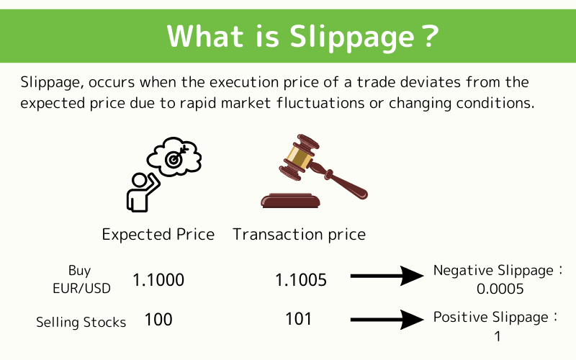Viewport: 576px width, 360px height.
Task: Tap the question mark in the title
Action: coord(429,36)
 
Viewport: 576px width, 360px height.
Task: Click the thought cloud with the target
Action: coord(174,156)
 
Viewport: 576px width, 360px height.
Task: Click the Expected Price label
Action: coord(158,235)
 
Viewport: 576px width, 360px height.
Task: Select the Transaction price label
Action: coord(299,235)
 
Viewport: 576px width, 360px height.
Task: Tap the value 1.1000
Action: coord(158,280)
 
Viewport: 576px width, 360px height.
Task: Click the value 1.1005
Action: coord(300,280)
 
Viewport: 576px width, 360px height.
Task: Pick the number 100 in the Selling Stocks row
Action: coord(158,319)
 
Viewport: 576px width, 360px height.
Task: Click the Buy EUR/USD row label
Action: coord(80,279)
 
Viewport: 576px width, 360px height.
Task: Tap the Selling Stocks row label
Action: coord(81,322)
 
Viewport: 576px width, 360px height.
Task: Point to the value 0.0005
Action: coord(500,289)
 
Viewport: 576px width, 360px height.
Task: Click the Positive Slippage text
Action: coord(495,318)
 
